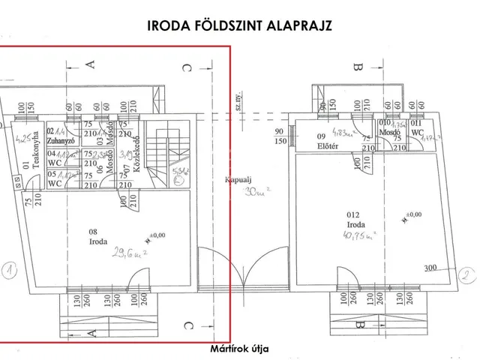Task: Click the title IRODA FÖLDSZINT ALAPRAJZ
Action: click(240, 25)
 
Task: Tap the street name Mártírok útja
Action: click(240, 349)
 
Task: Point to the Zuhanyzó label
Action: click(58, 139)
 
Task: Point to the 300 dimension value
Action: click(430, 268)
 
